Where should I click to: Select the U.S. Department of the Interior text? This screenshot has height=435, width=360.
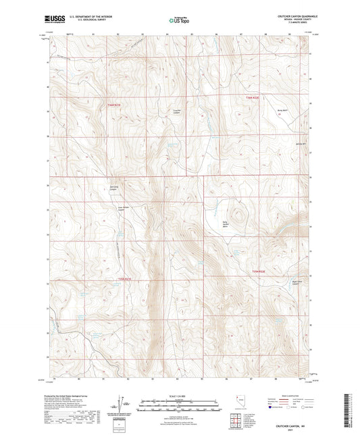(x=91, y=16)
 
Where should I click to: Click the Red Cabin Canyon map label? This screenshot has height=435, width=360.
(x=113, y=189)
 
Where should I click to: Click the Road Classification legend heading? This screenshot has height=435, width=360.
(x=287, y=396)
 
